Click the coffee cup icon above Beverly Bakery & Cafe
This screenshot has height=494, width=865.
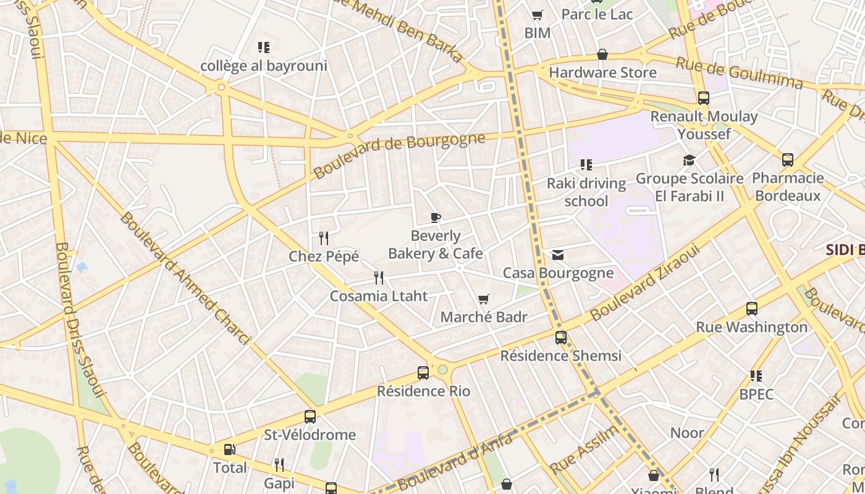[436, 217]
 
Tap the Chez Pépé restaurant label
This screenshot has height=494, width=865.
[324, 256]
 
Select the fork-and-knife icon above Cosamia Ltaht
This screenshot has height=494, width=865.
[379, 278]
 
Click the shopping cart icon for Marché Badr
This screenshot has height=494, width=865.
[484, 299]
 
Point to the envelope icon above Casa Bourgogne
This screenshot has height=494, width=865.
[558, 255]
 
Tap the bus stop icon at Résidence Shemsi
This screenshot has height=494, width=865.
[561, 338]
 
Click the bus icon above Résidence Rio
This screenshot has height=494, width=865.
[423, 373]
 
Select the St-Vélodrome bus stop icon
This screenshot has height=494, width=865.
[310, 417]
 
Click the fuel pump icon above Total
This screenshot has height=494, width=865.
[229, 450]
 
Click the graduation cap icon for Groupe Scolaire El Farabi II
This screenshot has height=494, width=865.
[689, 161]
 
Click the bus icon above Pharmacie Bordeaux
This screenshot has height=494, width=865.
[788, 160]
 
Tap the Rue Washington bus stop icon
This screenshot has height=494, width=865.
[752, 309]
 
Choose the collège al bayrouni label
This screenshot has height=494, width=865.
[264, 65]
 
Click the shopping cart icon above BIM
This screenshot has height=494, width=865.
[537, 15]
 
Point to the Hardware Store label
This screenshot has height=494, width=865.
[602, 72]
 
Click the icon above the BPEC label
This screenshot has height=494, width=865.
[756, 376]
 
